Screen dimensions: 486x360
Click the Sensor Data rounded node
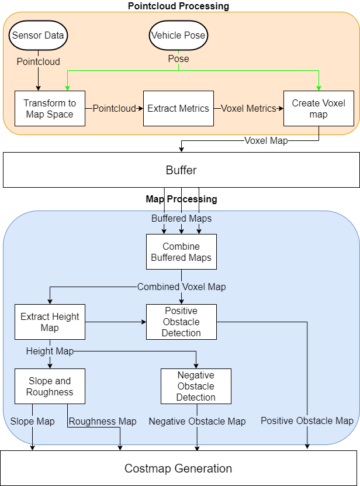coord(39,35)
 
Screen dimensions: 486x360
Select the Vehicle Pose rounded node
coord(178,35)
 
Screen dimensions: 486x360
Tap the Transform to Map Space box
coord(50,108)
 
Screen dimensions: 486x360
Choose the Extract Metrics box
coord(178,108)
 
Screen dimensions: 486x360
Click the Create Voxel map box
coord(319,108)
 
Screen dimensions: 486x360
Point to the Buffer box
coord(181,170)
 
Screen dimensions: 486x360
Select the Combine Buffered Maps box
coord(181,252)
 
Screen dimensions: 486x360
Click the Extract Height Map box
coord(50,322)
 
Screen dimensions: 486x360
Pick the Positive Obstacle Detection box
coord(181,322)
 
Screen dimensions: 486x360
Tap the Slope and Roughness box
coord(50,387)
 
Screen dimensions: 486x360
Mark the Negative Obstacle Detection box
coord(196,386)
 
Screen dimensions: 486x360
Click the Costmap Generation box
coord(178,468)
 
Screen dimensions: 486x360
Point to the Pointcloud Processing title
coord(178,6)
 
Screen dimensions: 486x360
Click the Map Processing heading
coord(181,199)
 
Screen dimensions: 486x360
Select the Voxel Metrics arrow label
coord(248,108)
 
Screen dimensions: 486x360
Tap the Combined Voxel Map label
coord(181,287)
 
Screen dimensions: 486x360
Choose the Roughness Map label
coord(103,421)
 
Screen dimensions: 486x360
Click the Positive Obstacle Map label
coord(307,420)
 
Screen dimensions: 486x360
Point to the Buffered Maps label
coord(181,218)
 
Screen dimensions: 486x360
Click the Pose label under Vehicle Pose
coord(178,58)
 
